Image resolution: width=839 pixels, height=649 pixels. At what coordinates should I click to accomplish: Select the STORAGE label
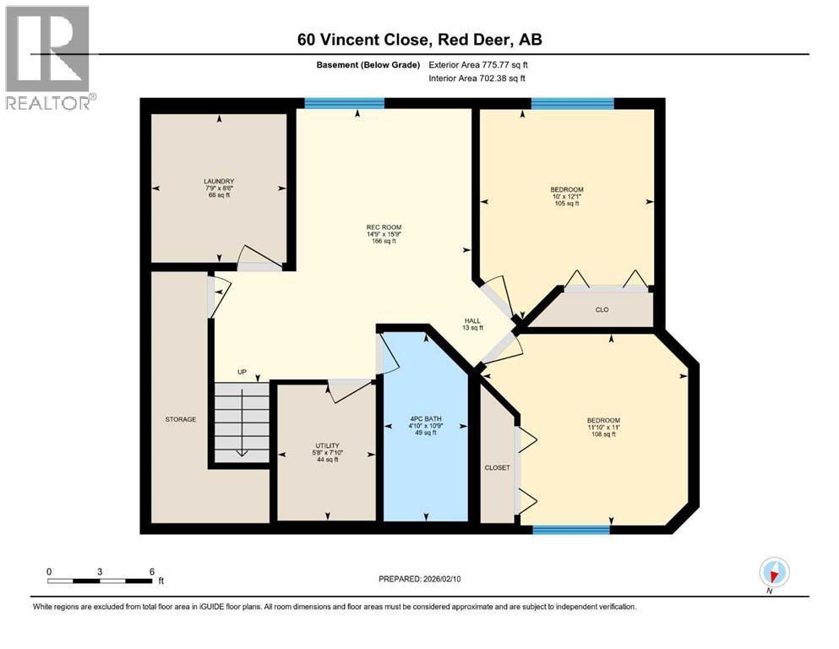pos(181,419)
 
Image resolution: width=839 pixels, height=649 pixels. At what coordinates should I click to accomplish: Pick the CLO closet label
pos(602,309)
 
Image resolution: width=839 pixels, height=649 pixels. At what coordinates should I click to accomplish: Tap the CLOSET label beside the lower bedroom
pos(497,467)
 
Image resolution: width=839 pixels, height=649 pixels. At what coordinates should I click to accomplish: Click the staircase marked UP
pos(242,421)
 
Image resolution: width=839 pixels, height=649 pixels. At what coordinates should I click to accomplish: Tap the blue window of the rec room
pos(344,103)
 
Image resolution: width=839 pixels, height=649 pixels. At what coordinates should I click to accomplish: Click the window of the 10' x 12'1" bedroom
pos(572,103)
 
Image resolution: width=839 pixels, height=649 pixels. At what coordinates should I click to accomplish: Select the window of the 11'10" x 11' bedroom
pos(571,530)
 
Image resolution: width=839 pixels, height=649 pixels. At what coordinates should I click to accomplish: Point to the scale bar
pos(100,581)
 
